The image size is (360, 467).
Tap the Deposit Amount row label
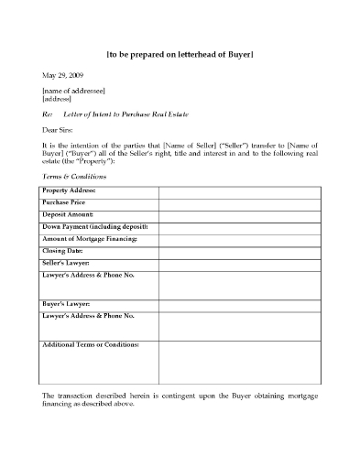pos(68,214)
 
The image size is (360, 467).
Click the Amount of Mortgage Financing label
pos(90,238)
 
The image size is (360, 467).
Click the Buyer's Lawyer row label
pos(66,303)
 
